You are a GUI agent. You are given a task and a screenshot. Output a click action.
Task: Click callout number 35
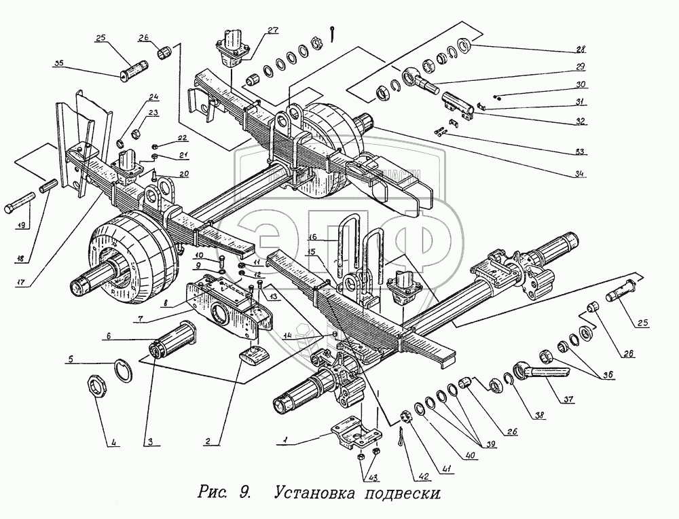(x=59, y=63)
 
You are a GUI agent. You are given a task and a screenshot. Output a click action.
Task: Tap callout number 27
(x=272, y=30)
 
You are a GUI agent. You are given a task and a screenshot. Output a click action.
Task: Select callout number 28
(x=581, y=50)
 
